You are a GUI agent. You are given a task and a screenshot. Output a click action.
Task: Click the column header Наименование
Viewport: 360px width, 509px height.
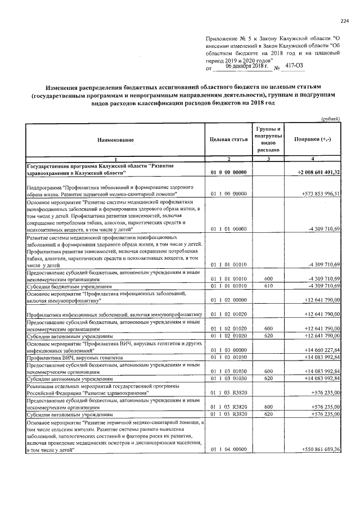click(x=115, y=139)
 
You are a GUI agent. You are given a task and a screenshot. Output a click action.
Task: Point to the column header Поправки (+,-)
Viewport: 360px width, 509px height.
click(x=316, y=139)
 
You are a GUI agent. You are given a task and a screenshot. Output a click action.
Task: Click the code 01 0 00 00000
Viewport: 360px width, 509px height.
click(x=228, y=172)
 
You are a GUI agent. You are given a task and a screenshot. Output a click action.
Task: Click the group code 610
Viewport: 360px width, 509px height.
click(x=268, y=286)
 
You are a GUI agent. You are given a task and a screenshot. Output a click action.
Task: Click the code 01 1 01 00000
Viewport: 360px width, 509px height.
click(x=228, y=229)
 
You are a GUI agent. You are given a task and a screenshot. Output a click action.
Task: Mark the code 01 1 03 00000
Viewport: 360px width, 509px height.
click(x=228, y=351)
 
